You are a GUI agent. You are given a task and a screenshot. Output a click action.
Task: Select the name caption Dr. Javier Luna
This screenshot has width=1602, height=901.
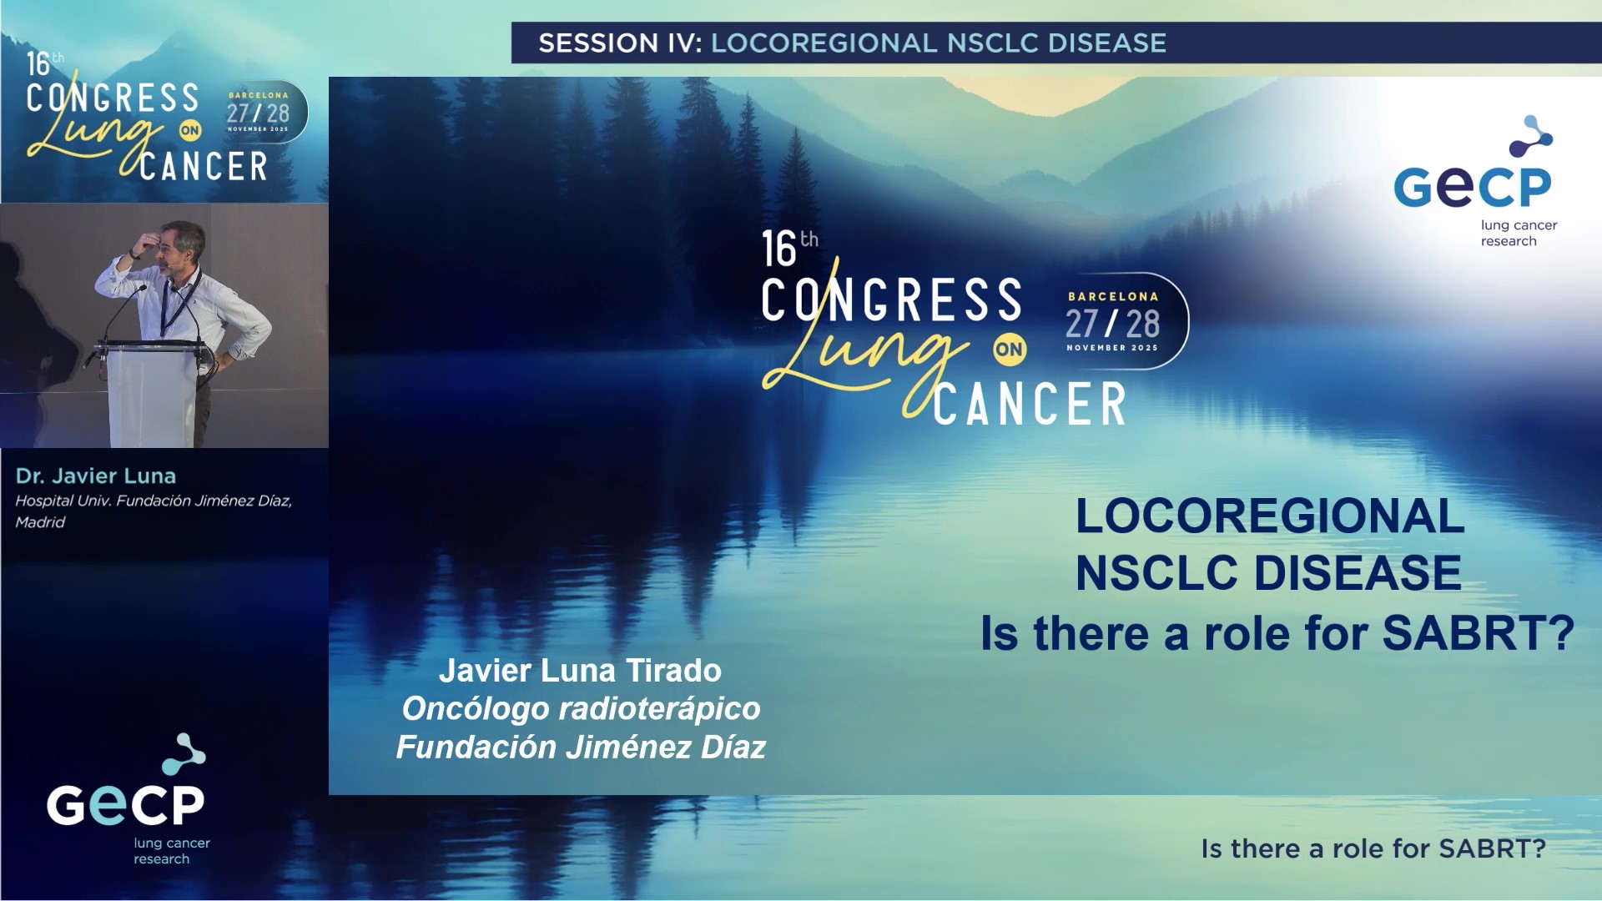[96, 476]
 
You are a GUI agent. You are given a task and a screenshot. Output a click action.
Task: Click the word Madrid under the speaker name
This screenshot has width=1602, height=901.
[40, 522]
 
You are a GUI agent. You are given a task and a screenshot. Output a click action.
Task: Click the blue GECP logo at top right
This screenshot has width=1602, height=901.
[1474, 182]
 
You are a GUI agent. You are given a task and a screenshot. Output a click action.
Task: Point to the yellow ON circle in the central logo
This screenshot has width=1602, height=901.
[1009, 350]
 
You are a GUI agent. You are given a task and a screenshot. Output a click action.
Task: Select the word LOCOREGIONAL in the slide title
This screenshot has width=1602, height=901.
[1270, 516]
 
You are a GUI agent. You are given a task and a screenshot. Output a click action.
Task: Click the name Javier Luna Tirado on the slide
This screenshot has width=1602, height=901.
[580, 671]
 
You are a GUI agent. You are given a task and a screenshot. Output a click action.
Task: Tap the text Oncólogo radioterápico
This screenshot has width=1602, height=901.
[581, 708]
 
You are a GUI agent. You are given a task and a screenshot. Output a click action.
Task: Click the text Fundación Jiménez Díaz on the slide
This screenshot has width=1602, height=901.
[581, 747]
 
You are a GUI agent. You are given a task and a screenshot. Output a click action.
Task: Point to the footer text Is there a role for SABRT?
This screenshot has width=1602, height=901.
[1373, 848]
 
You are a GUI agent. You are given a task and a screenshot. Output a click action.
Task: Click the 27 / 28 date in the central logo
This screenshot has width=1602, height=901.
[1112, 324]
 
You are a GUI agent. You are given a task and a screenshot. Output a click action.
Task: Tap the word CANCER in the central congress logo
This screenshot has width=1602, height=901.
[1030, 405]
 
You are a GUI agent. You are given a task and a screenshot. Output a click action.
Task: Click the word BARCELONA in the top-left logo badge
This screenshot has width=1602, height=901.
[259, 95]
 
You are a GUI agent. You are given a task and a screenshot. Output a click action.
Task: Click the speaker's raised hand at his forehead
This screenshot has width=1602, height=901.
[146, 244]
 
